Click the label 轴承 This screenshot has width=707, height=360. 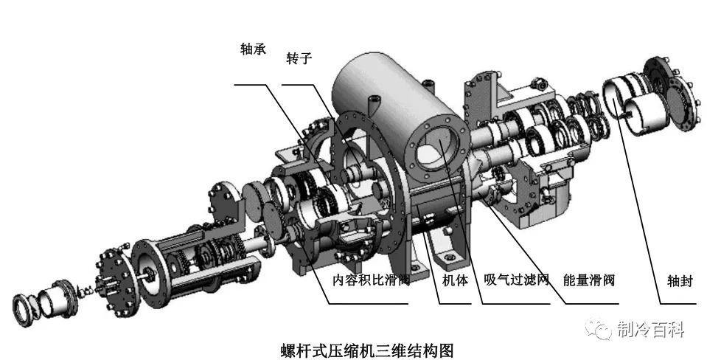pyautogui.click(x=252, y=49)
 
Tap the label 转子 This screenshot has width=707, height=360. pyautogui.click(x=299, y=60)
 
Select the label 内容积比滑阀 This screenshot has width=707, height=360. pyautogui.click(x=371, y=280)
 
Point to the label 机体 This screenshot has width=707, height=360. pyautogui.click(x=455, y=280)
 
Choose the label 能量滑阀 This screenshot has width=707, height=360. pyautogui.click(x=588, y=280)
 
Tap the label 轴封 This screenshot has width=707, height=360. pyautogui.click(x=677, y=280)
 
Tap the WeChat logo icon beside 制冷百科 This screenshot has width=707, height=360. pyautogui.click(x=599, y=329)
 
